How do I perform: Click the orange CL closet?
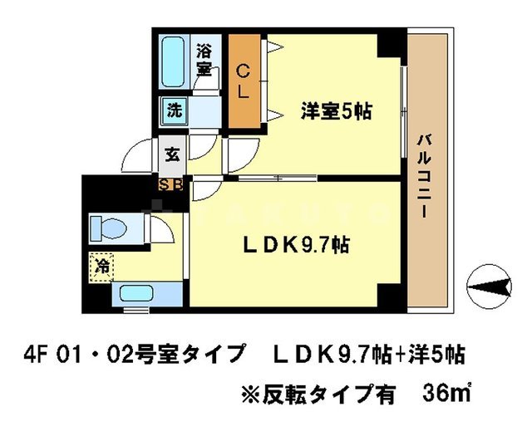pyautogui.click(x=243, y=80)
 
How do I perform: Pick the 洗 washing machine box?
pyautogui.click(x=175, y=108)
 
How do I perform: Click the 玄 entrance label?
pyautogui.click(x=171, y=154)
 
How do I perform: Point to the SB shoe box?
pyautogui.click(x=172, y=183)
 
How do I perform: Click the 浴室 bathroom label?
pyautogui.click(x=204, y=61)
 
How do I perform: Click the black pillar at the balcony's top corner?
pyautogui.click(x=389, y=44)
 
